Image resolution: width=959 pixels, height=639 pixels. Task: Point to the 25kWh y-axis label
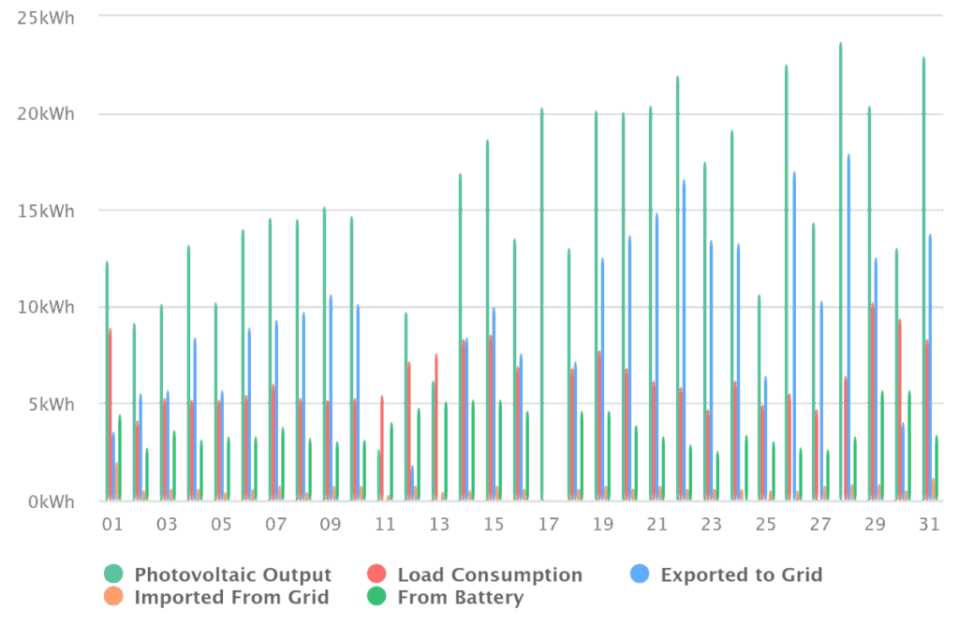coord(46,18)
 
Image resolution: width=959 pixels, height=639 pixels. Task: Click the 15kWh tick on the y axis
coord(46,211)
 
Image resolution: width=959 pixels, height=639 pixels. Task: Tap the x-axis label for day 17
coord(548,525)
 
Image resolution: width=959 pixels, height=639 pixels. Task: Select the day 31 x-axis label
coord(929,525)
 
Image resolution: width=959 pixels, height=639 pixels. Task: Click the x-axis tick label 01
coord(111,525)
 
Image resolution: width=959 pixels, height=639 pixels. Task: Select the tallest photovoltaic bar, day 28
coord(840,271)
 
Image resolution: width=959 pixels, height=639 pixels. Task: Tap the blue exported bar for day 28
coord(848,327)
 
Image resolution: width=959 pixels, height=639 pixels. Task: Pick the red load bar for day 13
coord(436,427)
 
